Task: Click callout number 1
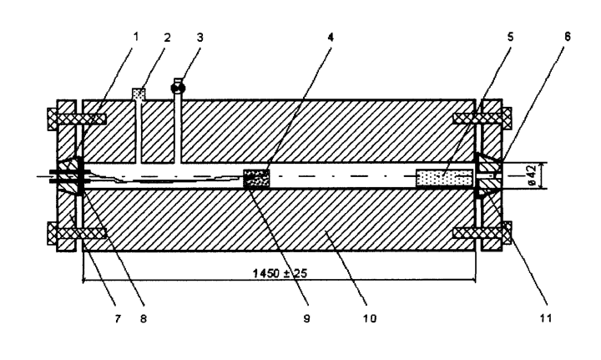click(136, 37)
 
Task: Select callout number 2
click(167, 38)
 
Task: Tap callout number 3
click(200, 38)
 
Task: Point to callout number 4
click(331, 38)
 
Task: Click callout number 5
click(510, 37)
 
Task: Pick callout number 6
click(568, 37)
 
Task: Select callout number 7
click(118, 318)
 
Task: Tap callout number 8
click(144, 318)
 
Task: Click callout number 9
click(306, 318)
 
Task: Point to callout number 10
click(370, 318)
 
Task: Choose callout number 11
click(545, 318)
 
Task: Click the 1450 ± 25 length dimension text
click(280, 273)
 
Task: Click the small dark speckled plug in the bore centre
click(256, 179)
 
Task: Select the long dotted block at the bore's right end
click(445, 179)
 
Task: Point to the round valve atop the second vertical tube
click(178, 89)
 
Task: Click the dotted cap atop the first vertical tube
click(139, 94)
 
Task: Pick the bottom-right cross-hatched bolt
click(482, 233)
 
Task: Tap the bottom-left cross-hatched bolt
click(77, 233)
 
